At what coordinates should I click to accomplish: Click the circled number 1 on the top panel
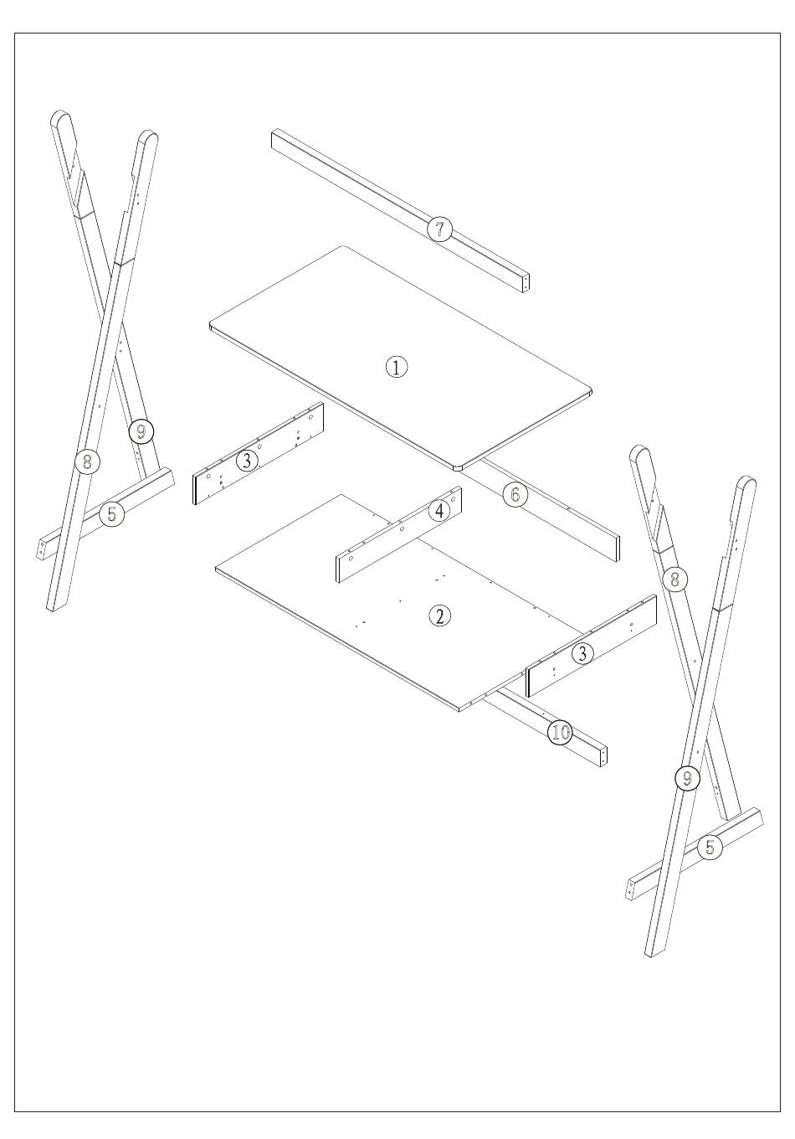[396, 367]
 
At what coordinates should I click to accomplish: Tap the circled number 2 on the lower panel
[440, 616]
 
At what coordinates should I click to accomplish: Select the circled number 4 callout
[439, 511]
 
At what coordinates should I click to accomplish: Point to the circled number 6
[515, 495]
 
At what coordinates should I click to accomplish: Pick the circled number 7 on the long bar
[439, 229]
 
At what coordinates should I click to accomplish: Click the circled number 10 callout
[560, 733]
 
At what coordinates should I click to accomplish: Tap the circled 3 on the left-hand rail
[247, 461]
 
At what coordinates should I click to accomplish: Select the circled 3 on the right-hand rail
[582, 653]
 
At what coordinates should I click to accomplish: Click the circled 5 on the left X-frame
[112, 513]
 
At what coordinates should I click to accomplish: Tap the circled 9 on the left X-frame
[141, 431]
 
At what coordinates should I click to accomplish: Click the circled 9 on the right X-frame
[687, 777]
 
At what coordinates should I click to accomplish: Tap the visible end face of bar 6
[617, 548]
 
